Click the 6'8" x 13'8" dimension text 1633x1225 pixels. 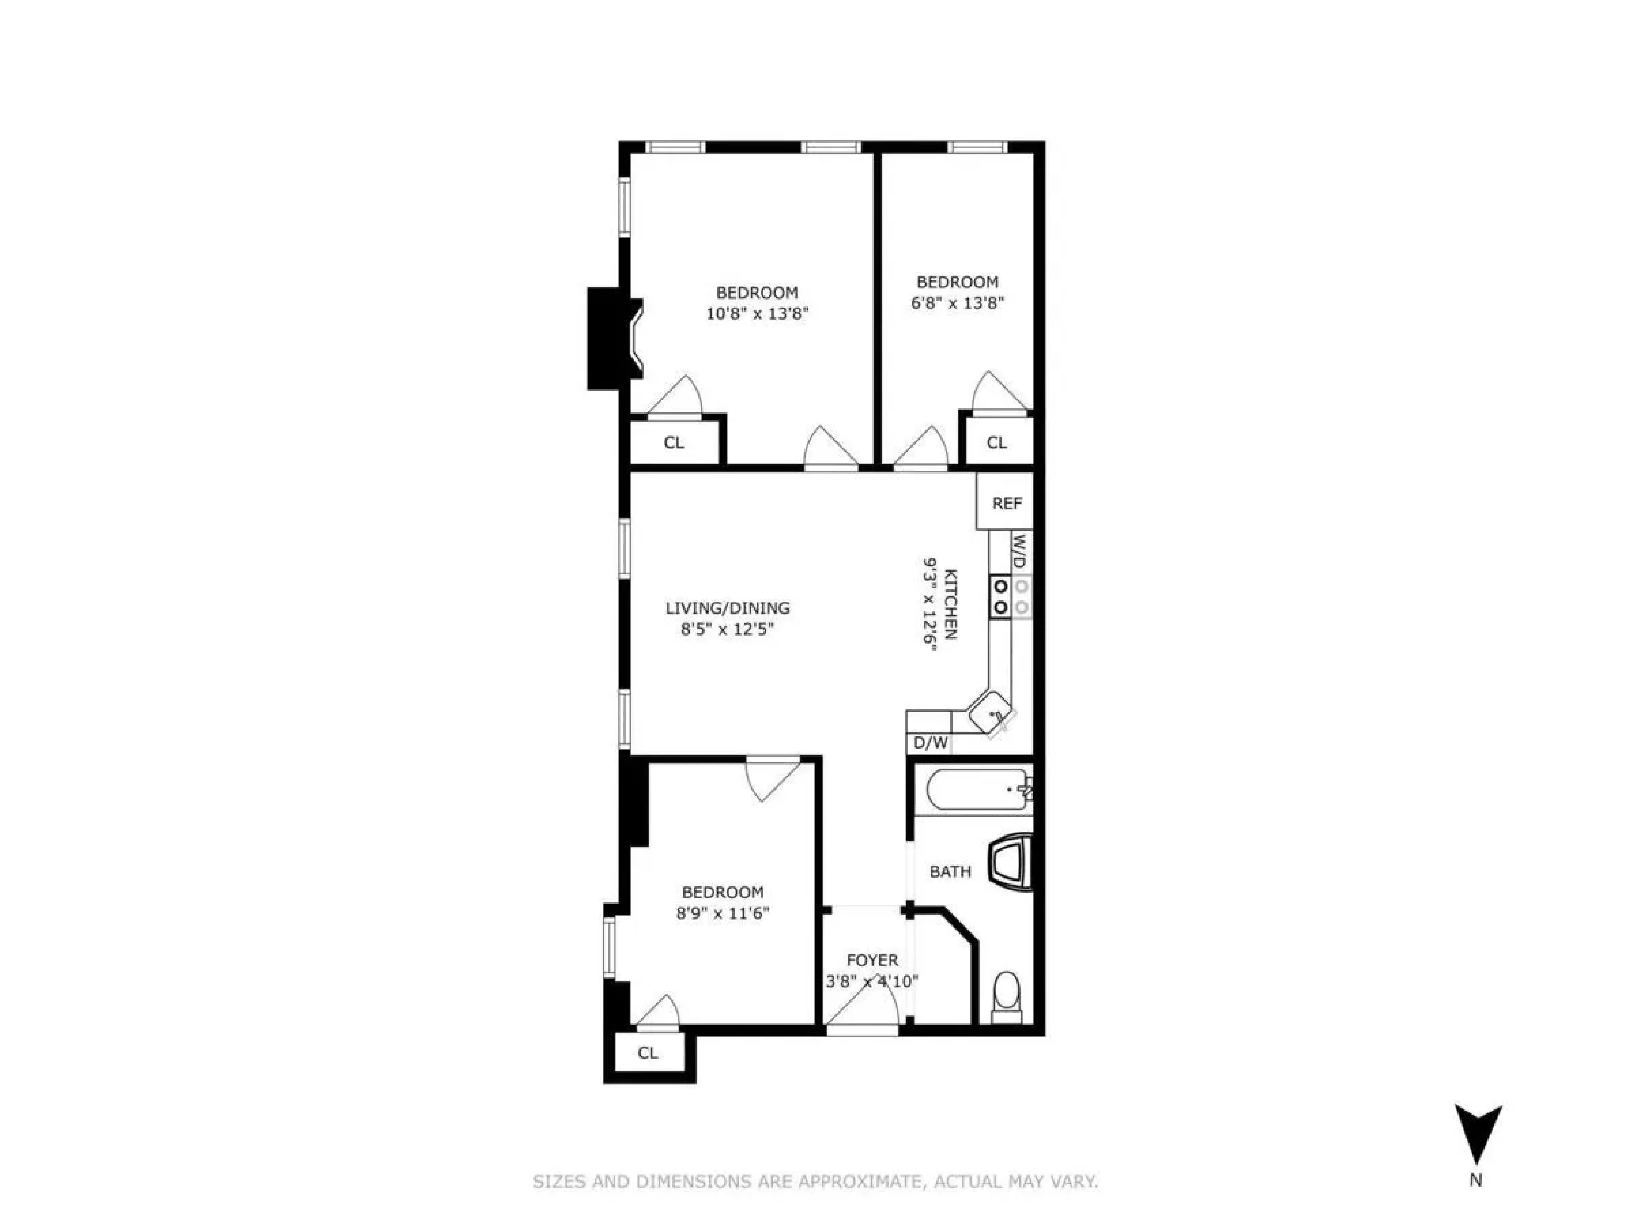point(958,303)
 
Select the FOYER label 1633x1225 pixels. point(872,960)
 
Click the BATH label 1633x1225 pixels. point(950,871)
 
